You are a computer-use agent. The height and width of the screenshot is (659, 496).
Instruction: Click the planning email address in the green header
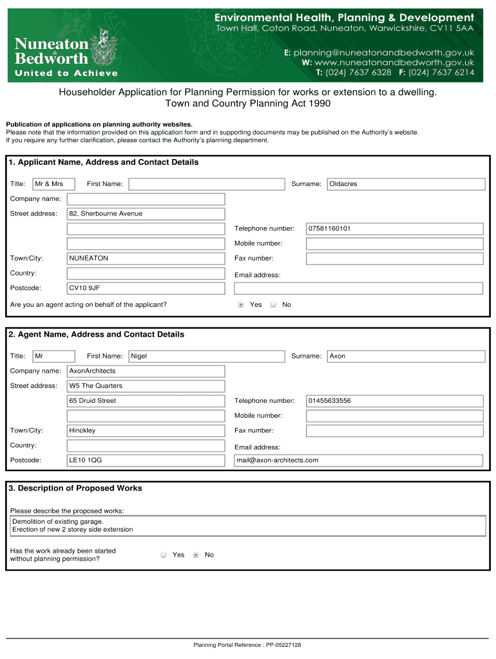(384, 52)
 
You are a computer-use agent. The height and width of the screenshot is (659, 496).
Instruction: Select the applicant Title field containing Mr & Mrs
(54, 184)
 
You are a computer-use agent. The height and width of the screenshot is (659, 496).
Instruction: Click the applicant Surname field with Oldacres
(406, 184)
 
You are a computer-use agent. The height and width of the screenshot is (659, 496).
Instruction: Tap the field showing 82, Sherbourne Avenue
(146, 214)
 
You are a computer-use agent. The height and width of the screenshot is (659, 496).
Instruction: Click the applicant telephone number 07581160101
(394, 228)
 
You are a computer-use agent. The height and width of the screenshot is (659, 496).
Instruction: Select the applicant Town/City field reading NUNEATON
(146, 258)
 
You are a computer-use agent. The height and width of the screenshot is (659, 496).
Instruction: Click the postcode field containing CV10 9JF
(146, 288)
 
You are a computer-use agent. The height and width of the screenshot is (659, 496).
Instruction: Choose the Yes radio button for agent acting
(241, 304)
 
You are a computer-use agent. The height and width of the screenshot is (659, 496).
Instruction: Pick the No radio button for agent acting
(273, 304)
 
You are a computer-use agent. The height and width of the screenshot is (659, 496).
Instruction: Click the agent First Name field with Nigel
(207, 356)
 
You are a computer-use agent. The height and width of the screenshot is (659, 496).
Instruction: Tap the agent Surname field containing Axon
(406, 356)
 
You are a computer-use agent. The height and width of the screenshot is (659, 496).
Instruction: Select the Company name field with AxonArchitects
(146, 371)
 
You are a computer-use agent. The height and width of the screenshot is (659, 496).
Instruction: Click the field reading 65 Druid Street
(146, 401)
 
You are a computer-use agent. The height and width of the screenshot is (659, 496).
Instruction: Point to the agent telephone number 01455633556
(394, 401)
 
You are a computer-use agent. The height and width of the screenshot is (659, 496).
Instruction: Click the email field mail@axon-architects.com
(358, 460)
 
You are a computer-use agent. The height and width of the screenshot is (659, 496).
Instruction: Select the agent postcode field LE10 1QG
(146, 460)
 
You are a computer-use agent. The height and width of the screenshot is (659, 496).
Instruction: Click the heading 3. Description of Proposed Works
(75, 488)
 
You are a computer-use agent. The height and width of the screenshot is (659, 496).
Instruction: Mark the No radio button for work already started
(196, 555)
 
